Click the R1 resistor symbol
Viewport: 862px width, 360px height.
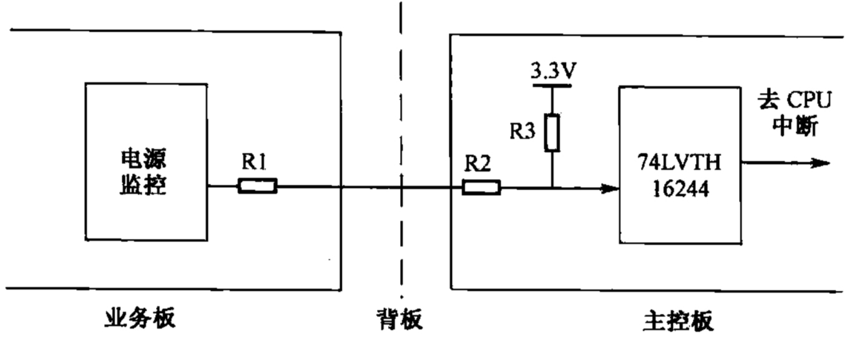tap(257, 186)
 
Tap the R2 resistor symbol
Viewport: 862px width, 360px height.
tap(481, 187)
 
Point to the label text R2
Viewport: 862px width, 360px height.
tap(478, 165)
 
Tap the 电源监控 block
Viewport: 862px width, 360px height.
tap(145, 162)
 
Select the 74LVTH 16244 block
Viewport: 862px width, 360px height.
tap(678, 165)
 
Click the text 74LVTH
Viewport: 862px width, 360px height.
tap(679, 163)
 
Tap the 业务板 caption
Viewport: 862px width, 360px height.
tap(139, 319)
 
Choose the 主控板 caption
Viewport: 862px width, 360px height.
tap(678, 321)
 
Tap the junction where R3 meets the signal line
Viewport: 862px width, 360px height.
tap(552, 187)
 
